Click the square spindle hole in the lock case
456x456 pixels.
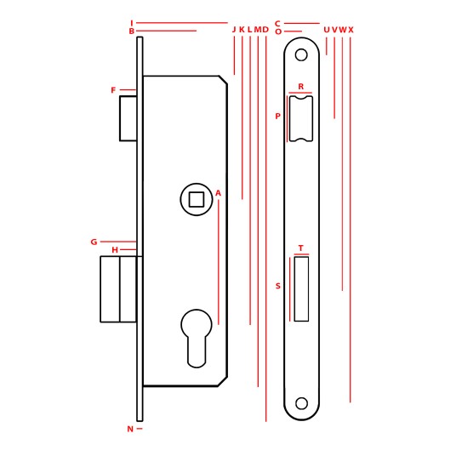[x=197, y=199]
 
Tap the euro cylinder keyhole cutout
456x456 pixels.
[x=197, y=339]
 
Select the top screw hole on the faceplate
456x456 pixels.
[x=301, y=54]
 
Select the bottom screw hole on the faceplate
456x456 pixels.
[x=301, y=403]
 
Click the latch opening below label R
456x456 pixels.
[x=301, y=118]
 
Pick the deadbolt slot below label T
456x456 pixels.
[x=301, y=289]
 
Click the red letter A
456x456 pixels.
[x=218, y=193]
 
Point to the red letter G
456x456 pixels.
[x=94, y=242]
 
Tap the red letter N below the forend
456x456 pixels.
[x=130, y=429]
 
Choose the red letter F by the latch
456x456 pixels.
[x=113, y=90]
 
